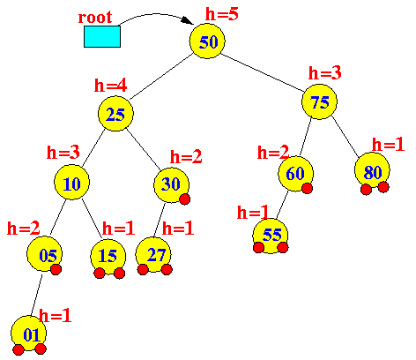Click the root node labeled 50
(207, 41)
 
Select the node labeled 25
(115, 114)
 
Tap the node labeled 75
(319, 101)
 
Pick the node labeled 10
(71, 183)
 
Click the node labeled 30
(171, 185)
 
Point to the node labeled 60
(295, 174)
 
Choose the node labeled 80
(372, 170)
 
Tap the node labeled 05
(44, 254)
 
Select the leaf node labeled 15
(108, 257)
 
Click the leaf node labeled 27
(153, 255)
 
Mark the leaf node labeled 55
(271, 236)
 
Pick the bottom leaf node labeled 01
(28, 334)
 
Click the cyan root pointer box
(102, 36)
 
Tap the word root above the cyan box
(95, 17)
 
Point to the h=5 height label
(222, 14)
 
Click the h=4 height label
(110, 86)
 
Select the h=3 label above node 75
(325, 72)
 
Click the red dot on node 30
(185, 199)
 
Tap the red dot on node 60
(307, 188)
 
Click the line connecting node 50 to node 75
(264, 73)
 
